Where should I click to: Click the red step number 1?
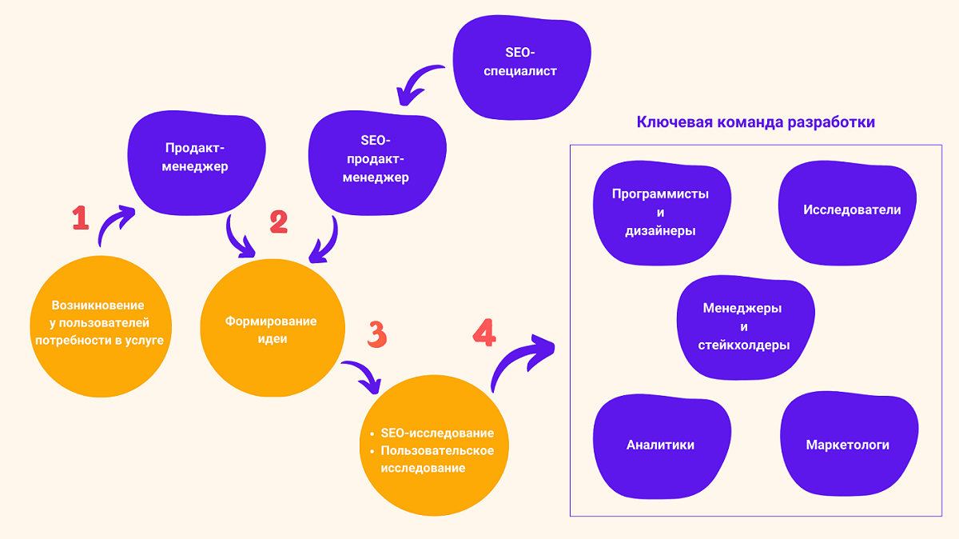click(x=80, y=218)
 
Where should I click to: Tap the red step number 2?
click(x=278, y=222)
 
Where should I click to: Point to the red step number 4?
click(x=483, y=332)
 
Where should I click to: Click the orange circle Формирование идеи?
click(x=270, y=329)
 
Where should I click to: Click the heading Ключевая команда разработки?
click(x=755, y=122)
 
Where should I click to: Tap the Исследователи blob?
click(x=851, y=210)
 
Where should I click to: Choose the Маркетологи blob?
click(x=848, y=445)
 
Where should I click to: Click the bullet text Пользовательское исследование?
click(x=437, y=459)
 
